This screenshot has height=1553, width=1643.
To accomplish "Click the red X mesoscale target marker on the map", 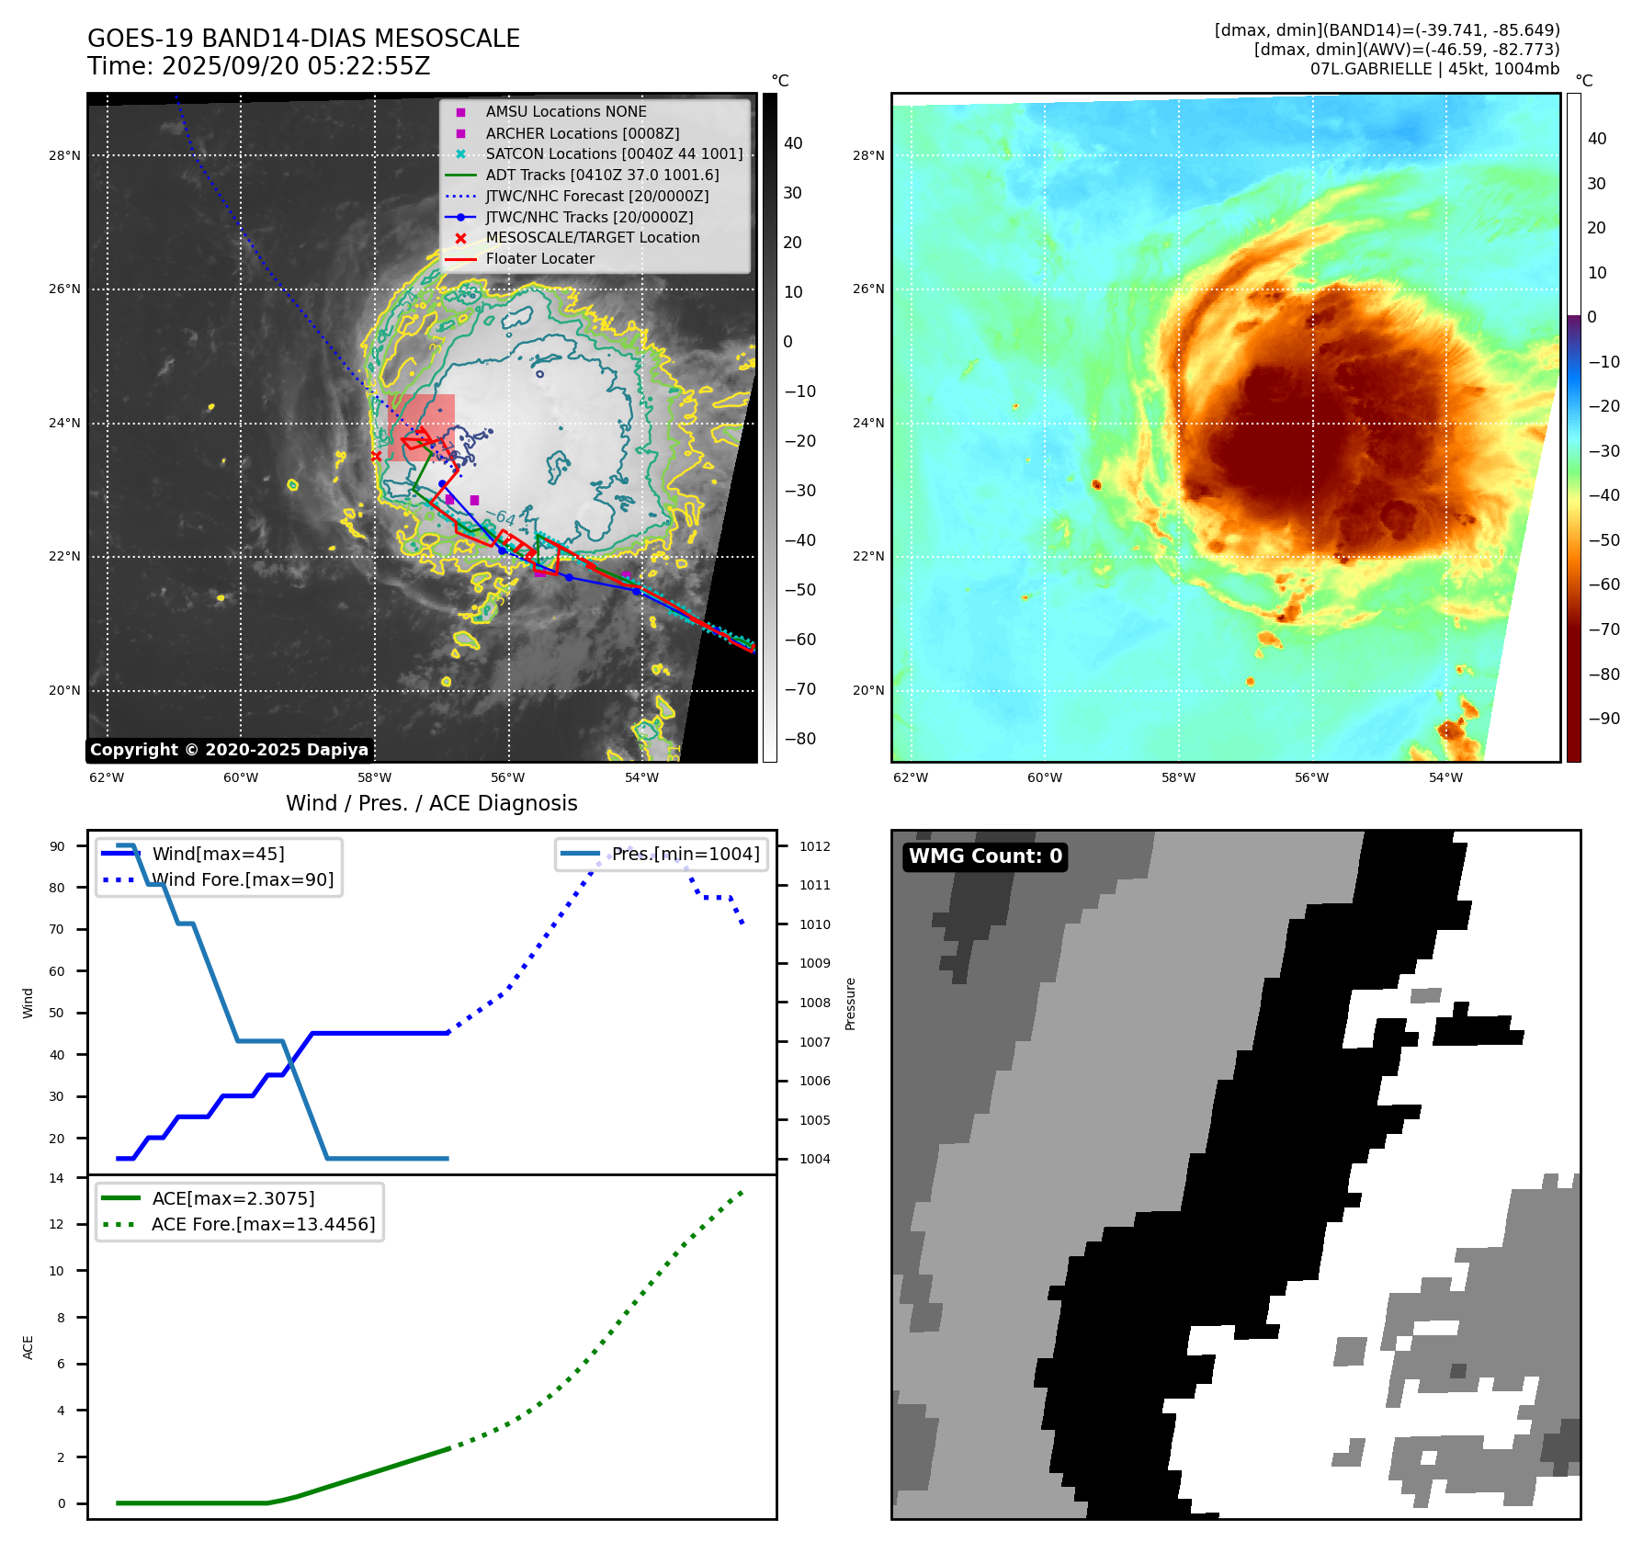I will point(376,456).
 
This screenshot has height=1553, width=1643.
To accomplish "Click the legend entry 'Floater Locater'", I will point(539,259).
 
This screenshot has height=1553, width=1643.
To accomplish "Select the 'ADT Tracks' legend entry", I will point(602,175).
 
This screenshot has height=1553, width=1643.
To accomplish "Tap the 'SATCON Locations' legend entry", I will point(614,153).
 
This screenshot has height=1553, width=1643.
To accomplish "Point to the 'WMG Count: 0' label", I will point(985,856).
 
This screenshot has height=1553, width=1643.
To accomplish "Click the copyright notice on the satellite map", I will point(229,750).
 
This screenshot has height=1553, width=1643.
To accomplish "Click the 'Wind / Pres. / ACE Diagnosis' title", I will point(432,803).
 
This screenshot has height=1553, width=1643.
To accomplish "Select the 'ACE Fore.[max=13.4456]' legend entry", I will point(263,1224).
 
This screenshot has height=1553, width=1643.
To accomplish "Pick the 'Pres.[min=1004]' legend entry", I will point(686,854).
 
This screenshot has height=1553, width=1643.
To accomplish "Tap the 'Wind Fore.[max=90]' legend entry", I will point(243,879).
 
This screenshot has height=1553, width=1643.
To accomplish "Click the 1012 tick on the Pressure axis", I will point(814,846).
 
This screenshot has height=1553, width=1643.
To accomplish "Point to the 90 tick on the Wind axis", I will point(57,846).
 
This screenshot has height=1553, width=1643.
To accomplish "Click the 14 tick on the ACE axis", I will point(57,1178).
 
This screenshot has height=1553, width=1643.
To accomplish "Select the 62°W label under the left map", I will point(107,778).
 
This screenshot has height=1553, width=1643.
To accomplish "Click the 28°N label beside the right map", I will point(868,156).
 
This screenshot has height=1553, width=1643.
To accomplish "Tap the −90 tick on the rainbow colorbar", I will point(1603,719).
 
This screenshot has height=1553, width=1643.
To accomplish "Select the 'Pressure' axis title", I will point(850,1003).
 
